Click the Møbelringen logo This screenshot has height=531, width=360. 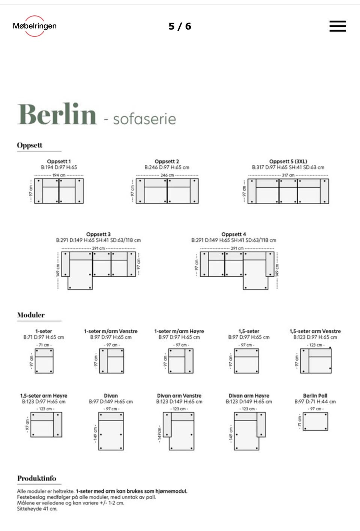click(x=34, y=26)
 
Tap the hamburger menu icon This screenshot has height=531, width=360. click(x=337, y=26)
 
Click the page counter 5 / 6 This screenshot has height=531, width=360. click(x=180, y=26)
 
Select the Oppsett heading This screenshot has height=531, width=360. click(x=30, y=145)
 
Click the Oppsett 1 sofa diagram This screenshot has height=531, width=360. click(x=59, y=191)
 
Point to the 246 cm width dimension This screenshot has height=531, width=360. click(x=167, y=175)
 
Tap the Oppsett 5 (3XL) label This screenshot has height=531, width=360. click(x=288, y=162)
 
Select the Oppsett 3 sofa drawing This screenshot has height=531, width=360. click(x=98, y=269)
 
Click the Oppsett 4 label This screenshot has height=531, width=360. click(x=234, y=234)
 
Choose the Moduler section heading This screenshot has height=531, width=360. click(x=31, y=315)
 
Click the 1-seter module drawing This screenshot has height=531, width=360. click(x=44, y=360)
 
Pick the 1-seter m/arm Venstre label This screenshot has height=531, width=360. click(x=111, y=331)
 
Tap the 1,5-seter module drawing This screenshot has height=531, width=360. click(x=246, y=360)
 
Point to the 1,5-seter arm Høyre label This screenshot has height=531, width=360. click(x=44, y=396)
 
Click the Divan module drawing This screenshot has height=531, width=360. click(x=111, y=431)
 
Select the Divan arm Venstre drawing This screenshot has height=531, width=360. click(x=179, y=431)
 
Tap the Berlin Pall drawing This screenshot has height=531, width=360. click(x=315, y=422)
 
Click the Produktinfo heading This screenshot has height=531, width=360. click(x=37, y=478)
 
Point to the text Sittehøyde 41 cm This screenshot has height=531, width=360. click(x=37, y=509)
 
